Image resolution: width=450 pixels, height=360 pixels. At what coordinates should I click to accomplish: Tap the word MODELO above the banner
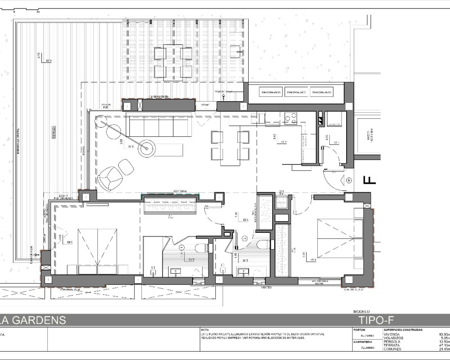point(361,311)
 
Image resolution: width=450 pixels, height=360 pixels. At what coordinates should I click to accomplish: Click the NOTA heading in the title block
point(205,330)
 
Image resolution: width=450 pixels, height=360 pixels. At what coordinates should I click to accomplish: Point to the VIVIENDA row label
point(391,334)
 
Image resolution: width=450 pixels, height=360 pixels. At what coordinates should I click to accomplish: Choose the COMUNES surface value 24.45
point(444,349)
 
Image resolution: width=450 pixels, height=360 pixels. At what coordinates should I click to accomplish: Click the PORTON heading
point(359,330)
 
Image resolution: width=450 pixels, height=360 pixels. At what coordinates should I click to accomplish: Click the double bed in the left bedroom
point(97,251)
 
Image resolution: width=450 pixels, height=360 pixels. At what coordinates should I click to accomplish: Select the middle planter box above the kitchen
point(296,92)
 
